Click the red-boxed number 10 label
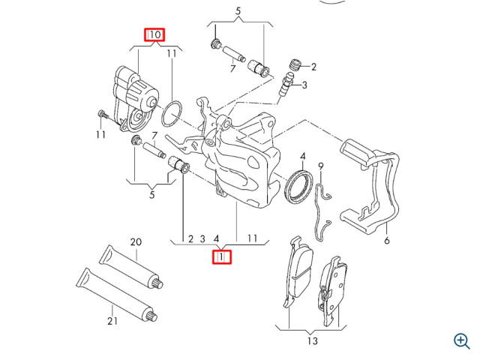coord(154,35)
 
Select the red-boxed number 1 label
coord(222,256)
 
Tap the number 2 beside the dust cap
coord(313,67)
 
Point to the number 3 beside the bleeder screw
coord(304,85)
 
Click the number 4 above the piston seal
coord(303,157)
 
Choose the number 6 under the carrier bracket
coord(387,241)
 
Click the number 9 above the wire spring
coord(321,166)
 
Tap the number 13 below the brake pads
coord(312,340)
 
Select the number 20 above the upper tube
coord(136,242)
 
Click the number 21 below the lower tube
coord(112,321)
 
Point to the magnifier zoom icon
coord(462,341)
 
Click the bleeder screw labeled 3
coord(286,83)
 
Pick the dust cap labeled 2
coord(295,64)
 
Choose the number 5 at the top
coord(238,11)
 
